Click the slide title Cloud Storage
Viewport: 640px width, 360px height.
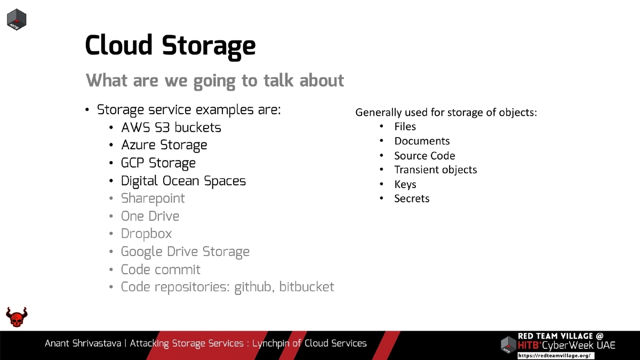pyautogui.click(x=170, y=45)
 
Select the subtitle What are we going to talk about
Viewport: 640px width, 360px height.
pyautogui.click(x=215, y=81)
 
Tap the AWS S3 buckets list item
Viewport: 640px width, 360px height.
pyautogui.click(x=171, y=127)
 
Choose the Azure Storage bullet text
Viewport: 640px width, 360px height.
pyautogui.click(x=164, y=145)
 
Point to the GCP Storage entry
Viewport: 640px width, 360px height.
pyautogui.click(x=158, y=163)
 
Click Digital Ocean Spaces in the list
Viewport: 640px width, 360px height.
pyautogui.click(x=183, y=181)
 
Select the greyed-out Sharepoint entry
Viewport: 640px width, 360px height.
pyautogui.click(x=153, y=198)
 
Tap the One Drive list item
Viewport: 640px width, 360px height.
pyautogui.click(x=150, y=216)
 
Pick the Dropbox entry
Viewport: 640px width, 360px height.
pyautogui.click(x=146, y=234)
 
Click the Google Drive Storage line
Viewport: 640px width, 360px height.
pyautogui.click(x=185, y=251)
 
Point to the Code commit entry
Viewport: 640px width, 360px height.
pyautogui.click(x=161, y=269)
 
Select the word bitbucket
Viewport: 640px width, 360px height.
pyautogui.click(x=307, y=287)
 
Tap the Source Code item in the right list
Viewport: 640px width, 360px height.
pyautogui.click(x=425, y=156)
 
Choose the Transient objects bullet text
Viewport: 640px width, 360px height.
pyautogui.click(x=435, y=170)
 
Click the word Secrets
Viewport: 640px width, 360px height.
pyautogui.click(x=412, y=198)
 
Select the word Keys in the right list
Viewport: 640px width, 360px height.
pyautogui.click(x=405, y=184)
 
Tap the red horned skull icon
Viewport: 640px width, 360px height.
pyautogui.click(x=17, y=317)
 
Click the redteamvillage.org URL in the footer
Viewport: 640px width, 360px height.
pyautogui.click(x=555, y=355)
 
